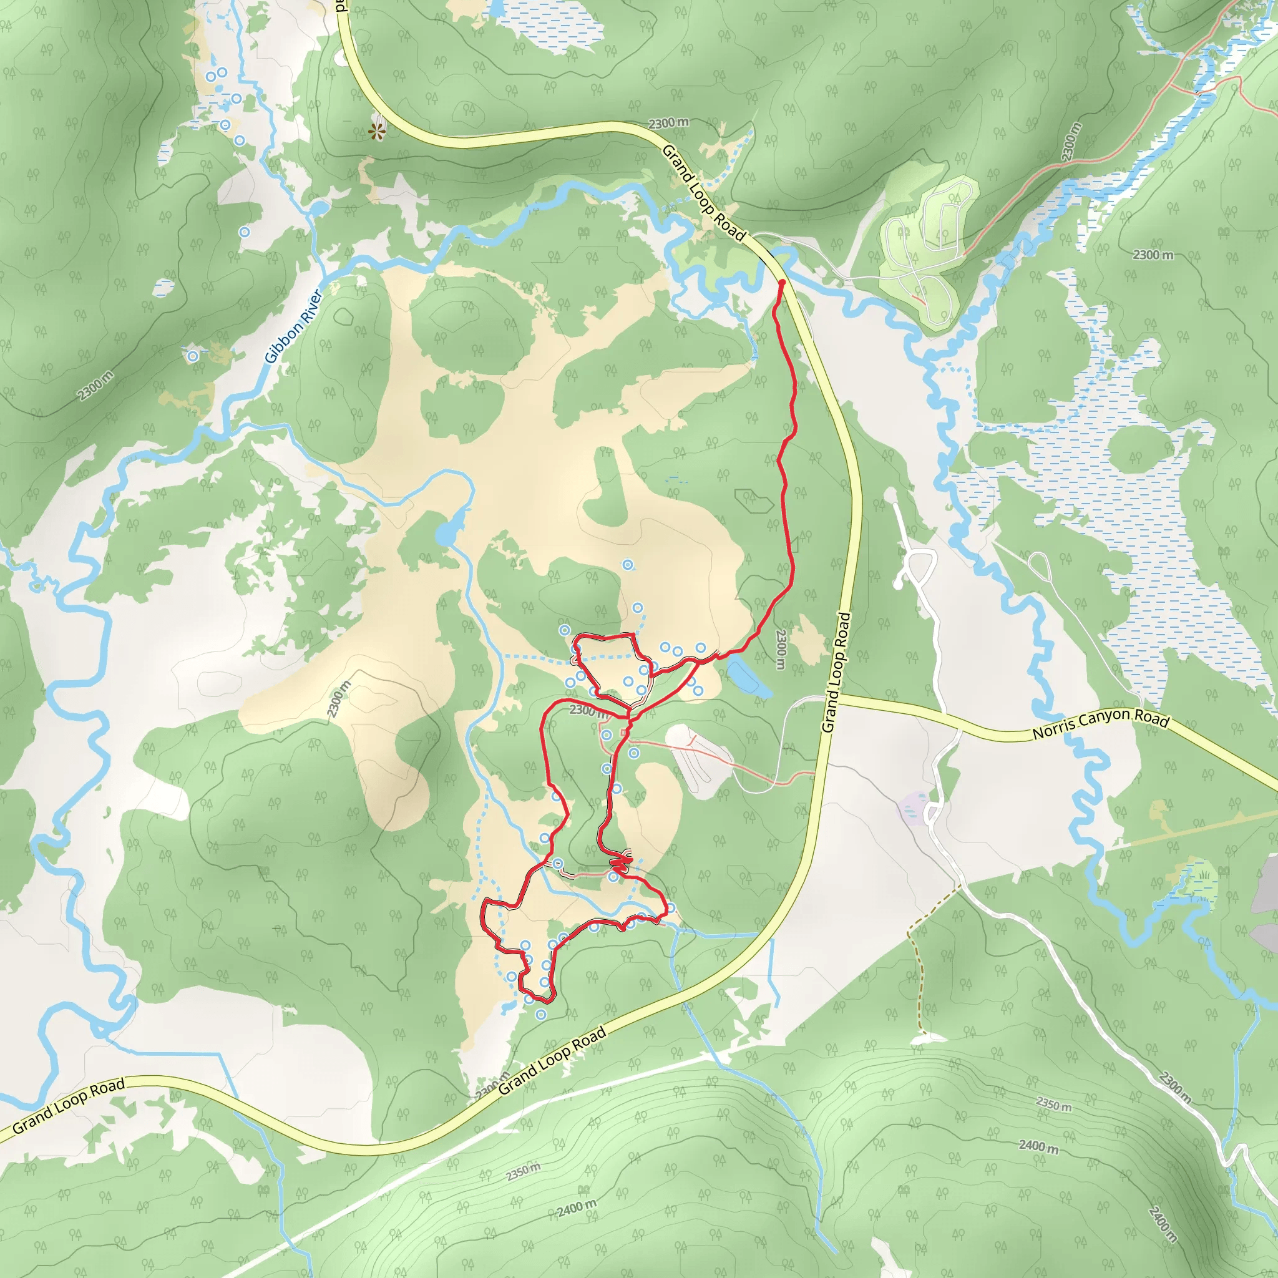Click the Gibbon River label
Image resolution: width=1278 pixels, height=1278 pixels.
(x=293, y=326)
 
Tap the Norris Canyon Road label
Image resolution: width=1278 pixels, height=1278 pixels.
(x=1101, y=726)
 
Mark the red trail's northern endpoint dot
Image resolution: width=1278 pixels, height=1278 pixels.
(x=781, y=283)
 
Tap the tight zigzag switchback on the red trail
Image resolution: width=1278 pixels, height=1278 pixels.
(x=620, y=862)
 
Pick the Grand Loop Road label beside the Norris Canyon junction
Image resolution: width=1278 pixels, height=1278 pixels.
(x=836, y=672)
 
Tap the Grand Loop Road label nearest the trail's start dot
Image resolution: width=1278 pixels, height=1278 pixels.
(x=704, y=192)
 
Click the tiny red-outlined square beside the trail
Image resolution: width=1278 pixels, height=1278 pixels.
(x=624, y=733)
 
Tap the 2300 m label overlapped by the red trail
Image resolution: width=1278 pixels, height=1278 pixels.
(x=587, y=710)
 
